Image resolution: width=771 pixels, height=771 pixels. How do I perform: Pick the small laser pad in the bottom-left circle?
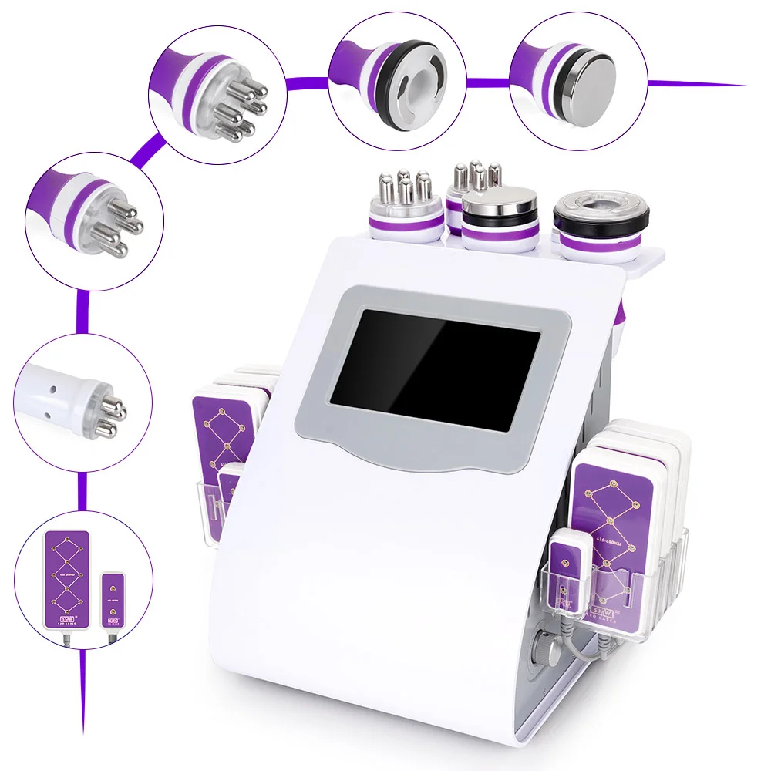coord(113,598)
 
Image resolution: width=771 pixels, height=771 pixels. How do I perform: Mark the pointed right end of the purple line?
coord(744,85)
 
